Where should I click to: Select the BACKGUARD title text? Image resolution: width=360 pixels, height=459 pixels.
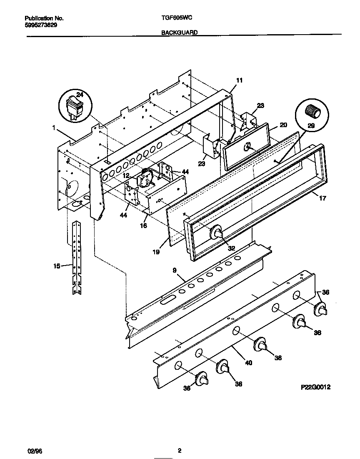click(x=179, y=32)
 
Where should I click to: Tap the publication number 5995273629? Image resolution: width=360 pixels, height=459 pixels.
click(x=41, y=25)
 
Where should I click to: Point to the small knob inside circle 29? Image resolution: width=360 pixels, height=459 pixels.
click(x=312, y=112)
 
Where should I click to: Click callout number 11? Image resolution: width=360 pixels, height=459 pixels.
click(x=239, y=80)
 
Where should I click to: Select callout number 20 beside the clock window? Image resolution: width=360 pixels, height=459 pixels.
click(x=283, y=125)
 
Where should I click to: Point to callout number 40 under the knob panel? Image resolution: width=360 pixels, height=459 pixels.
click(x=248, y=363)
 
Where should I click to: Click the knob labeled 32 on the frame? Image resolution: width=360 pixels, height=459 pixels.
click(x=216, y=233)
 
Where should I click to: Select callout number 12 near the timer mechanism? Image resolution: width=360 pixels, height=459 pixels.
click(x=125, y=176)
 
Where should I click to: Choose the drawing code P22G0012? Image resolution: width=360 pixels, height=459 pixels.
click(x=315, y=387)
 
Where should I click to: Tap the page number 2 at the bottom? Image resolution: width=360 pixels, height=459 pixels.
click(x=180, y=451)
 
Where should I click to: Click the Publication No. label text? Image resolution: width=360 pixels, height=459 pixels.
click(x=44, y=18)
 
